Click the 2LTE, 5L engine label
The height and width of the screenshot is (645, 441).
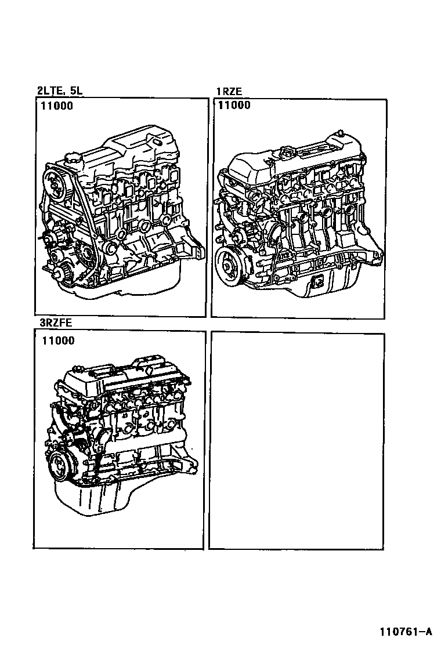(x=60, y=90)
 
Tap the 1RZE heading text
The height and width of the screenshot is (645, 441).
(x=229, y=92)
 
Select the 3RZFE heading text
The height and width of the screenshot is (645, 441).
(x=56, y=322)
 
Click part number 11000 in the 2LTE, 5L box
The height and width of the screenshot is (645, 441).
(x=56, y=106)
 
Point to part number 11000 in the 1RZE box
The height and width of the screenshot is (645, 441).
(x=234, y=106)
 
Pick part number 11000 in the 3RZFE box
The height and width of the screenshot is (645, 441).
(x=58, y=340)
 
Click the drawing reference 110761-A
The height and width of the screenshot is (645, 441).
(x=406, y=632)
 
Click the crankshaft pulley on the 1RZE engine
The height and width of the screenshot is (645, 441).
(x=230, y=263)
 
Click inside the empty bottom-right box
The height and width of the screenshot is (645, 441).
(x=297, y=441)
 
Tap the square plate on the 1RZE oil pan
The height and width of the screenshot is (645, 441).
(x=317, y=282)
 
